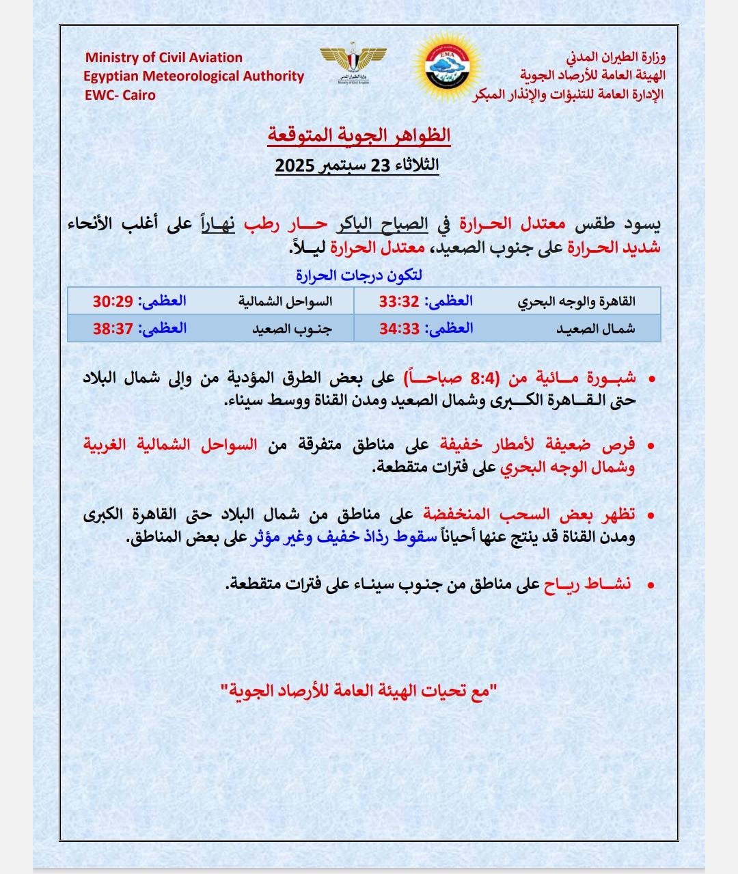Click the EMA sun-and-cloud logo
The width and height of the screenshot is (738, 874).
pyautogui.click(x=448, y=67)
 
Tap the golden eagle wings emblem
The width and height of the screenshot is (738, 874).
pyautogui.click(x=353, y=62)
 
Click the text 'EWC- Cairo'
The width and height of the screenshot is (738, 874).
pyautogui.click(x=120, y=95)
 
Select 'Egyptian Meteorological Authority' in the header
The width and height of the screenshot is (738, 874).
pyautogui.click(x=193, y=76)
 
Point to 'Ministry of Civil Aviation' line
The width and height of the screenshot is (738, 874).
pyautogui.click(x=164, y=57)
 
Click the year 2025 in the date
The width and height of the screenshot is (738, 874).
pyautogui.click(x=295, y=166)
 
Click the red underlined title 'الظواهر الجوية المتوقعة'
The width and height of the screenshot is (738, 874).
pyautogui.click(x=359, y=135)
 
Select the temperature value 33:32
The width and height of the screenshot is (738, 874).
pyautogui.click(x=399, y=301)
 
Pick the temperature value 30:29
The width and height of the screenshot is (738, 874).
pyautogui.click(x=113, y=301)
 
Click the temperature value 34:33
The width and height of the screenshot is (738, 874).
pyautogui.click(x=399, y=328)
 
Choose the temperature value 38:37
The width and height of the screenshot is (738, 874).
pyautogui.click(x=113, y=328)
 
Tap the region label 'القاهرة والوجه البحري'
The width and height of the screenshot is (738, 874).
pyautogui.click(x=576, y=301)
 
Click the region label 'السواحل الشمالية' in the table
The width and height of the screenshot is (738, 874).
pyautogui.click(x=285, y=301)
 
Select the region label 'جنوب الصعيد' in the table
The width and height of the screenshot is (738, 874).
pyautogui.click(x=292, y=328)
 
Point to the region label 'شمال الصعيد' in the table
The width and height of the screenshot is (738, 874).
pyautogui.click(x=595, y=328)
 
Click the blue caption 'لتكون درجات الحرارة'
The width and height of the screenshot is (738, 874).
pyautogui.click(x=359, y=275)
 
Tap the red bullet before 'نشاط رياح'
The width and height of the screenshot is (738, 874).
pyautogui.click(x=651, y=586)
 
